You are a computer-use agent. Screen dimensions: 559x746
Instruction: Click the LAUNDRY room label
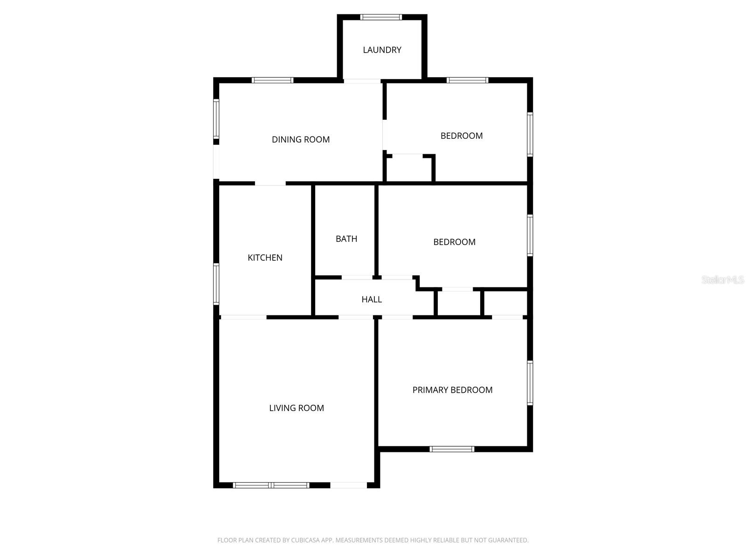coord(382,50)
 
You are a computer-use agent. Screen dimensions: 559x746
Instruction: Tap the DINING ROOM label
coord(301,139)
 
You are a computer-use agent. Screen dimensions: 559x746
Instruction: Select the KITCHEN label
coord(265,258)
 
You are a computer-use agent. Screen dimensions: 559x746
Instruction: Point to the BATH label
coord(346,239)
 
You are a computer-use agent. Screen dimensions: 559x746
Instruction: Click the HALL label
coord(372,300)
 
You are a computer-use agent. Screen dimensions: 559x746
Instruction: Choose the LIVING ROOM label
coord(297,408)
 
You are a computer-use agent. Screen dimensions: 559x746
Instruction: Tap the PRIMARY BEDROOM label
coord(452,390)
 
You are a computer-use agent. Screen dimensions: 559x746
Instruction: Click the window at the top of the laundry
coord(381,17)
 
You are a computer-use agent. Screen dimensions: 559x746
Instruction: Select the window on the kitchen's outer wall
coord(216,284)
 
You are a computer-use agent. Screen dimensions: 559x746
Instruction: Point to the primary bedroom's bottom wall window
coord(452,449)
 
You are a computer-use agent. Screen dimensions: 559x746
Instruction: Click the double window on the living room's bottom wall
coord(271,485)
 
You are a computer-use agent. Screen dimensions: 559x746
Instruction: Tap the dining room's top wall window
coord(273,80)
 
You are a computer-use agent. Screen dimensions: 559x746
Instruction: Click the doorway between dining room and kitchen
coord(270,184)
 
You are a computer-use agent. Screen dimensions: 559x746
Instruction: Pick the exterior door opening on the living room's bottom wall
coord(349,485)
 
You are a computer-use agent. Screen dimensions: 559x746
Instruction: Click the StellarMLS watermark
coord(722,279)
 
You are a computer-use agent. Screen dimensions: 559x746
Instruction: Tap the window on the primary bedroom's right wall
coord(530,382)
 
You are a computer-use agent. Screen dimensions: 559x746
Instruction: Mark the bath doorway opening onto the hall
coord(357,278)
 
